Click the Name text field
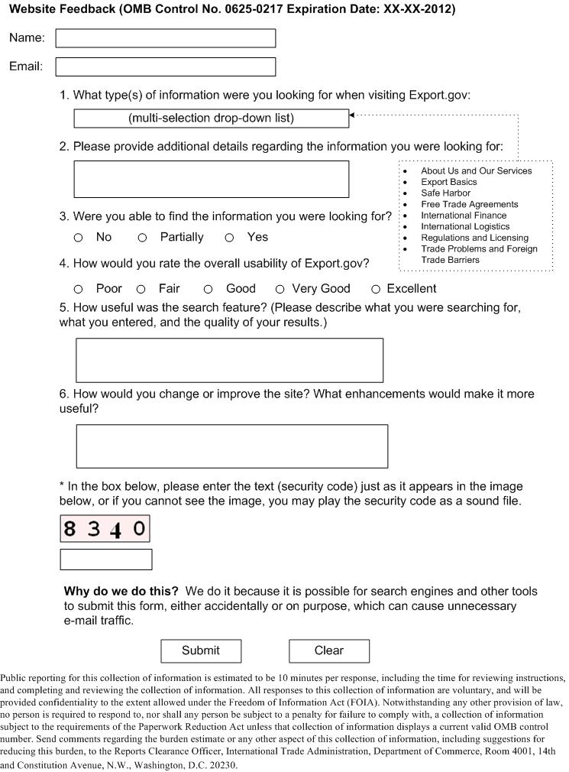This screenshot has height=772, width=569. point(165,38)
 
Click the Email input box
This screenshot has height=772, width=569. point(165,66)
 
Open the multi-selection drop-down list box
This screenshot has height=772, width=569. point(211,118)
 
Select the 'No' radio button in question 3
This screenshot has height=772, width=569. point(78,238)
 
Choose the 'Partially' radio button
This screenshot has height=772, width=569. point(142,238)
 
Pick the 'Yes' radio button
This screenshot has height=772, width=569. point(229,238)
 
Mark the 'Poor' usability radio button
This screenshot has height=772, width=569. point(78,289)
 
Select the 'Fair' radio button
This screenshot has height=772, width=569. point(141,289)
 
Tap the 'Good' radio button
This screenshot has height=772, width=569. point(208,289)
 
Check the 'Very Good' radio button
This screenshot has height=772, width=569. point(280,289)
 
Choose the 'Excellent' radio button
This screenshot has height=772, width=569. point(376,289)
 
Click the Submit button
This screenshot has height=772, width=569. point(201,650)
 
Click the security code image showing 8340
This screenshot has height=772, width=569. point(105,528)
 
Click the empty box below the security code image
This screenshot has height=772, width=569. point(106,560)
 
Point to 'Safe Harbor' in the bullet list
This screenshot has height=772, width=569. point(445,193)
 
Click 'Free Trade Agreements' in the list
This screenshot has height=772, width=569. point(469,204)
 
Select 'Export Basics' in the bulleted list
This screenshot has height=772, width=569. point(448,182)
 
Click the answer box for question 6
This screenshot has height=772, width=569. point(231,446)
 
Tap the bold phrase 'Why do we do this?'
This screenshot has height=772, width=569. point(121,592)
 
